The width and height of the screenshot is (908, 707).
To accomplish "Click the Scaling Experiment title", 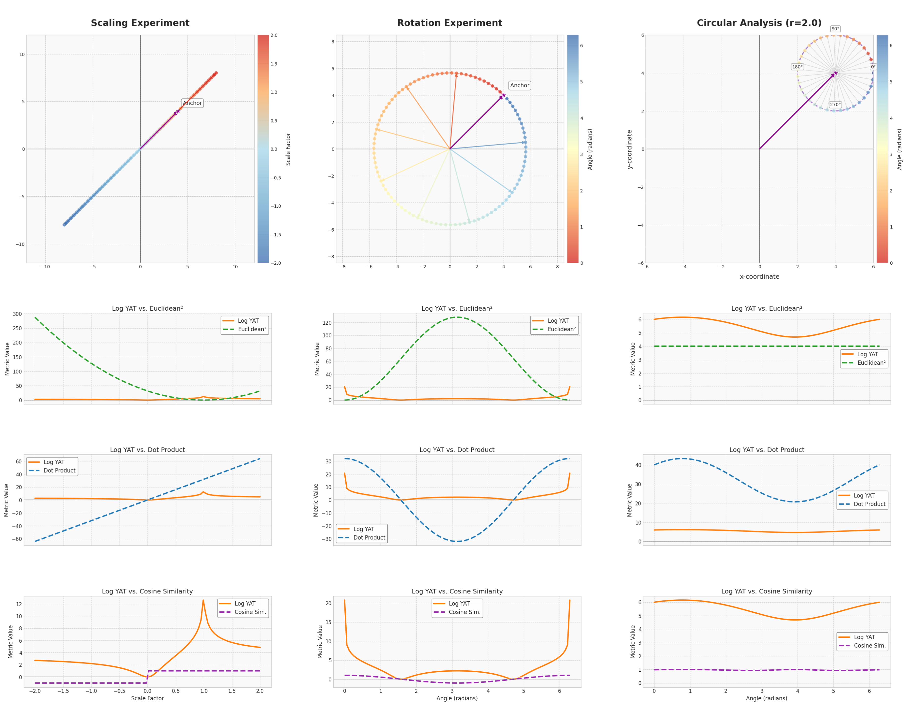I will pos(140,23).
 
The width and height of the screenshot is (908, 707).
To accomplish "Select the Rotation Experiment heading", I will pos(449,23).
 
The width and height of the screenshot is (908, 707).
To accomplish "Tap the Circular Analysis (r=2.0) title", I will pos(759,23).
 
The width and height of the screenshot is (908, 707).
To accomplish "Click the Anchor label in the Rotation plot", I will pos(520,85).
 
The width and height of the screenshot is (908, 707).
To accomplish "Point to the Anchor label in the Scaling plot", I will pos(193,103).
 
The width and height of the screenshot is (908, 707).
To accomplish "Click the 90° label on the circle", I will pos(835,29).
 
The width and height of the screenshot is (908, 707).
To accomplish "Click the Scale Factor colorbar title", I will pos(288,149).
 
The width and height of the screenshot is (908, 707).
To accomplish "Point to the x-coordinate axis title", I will pos(759,276).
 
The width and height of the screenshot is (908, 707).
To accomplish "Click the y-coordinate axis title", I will pos(629,149).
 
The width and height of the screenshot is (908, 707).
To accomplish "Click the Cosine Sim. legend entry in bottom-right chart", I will pos(870,646).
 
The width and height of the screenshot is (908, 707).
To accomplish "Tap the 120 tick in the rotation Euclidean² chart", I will pos(327,323).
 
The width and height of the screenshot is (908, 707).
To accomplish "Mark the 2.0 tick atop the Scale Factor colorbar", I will pos(274,35).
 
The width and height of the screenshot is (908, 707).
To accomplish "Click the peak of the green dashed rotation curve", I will pos(457,317).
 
